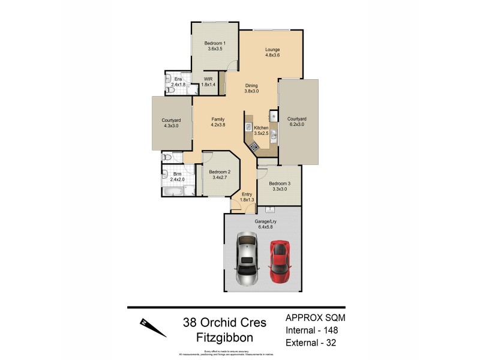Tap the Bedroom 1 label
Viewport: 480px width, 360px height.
pyautogui.click(x=214, y=43)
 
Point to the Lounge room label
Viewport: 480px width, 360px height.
pyautogui.click(x=272, y=49)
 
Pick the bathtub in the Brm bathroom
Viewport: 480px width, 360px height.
pyautogui.click(x=172, y=191)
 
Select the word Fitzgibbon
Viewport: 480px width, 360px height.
pyautogui.click(x=225, y=337)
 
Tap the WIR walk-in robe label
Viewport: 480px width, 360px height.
pyautogui.click(x=209, y=79)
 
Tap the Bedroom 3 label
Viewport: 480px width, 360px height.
pyautogui.click(x=279, y=184)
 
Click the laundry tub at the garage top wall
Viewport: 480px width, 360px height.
pyautogui.click(x=270, y=211)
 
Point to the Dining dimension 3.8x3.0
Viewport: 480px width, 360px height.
pyautogui.click(x=251, y=91)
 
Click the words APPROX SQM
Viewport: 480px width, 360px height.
pyautogui.click(x=314, y=317)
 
